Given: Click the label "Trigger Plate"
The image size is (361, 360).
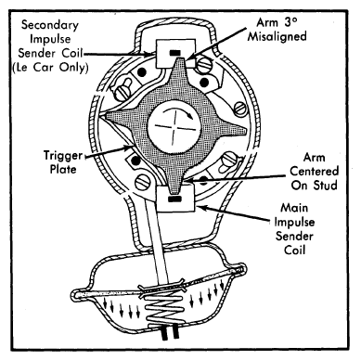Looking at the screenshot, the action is coord(63,162).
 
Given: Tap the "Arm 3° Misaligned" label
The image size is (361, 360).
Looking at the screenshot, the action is coord(277,30).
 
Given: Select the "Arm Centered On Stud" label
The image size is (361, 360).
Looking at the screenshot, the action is coord(315,171).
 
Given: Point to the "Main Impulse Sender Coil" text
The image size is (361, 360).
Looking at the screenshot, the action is coord(294,229).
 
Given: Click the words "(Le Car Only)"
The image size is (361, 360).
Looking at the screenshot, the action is coord(50,68).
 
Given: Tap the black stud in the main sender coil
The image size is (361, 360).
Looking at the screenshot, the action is coord(174,199).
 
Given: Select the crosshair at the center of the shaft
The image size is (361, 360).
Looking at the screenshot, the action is coord(174,126).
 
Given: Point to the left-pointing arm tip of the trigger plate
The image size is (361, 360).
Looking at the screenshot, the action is coord(108,116).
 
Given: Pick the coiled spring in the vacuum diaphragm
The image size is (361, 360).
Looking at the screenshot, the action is coord(162,310).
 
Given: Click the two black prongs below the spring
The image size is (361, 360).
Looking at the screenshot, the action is coord(170,335).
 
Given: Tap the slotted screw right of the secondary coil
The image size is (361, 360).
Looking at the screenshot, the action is coord(203,65).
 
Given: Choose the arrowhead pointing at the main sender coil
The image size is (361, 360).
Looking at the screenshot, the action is coord(201,208).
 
